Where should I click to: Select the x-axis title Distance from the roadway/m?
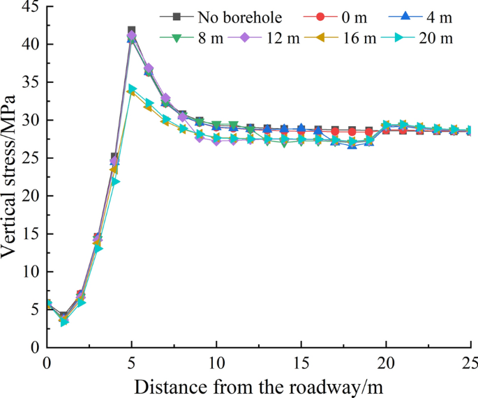coord(258,384)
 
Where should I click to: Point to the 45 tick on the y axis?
coord(29,6)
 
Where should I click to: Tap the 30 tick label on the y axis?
coord(29,120)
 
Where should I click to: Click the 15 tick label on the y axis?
coord(29,234)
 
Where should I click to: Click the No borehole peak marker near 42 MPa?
coord(131,31)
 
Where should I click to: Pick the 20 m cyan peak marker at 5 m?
coord(132,89)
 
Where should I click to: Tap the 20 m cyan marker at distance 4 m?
coord(115,181)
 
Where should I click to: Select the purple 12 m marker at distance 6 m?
coord(149,68)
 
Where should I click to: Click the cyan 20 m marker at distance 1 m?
coord(64,322)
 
